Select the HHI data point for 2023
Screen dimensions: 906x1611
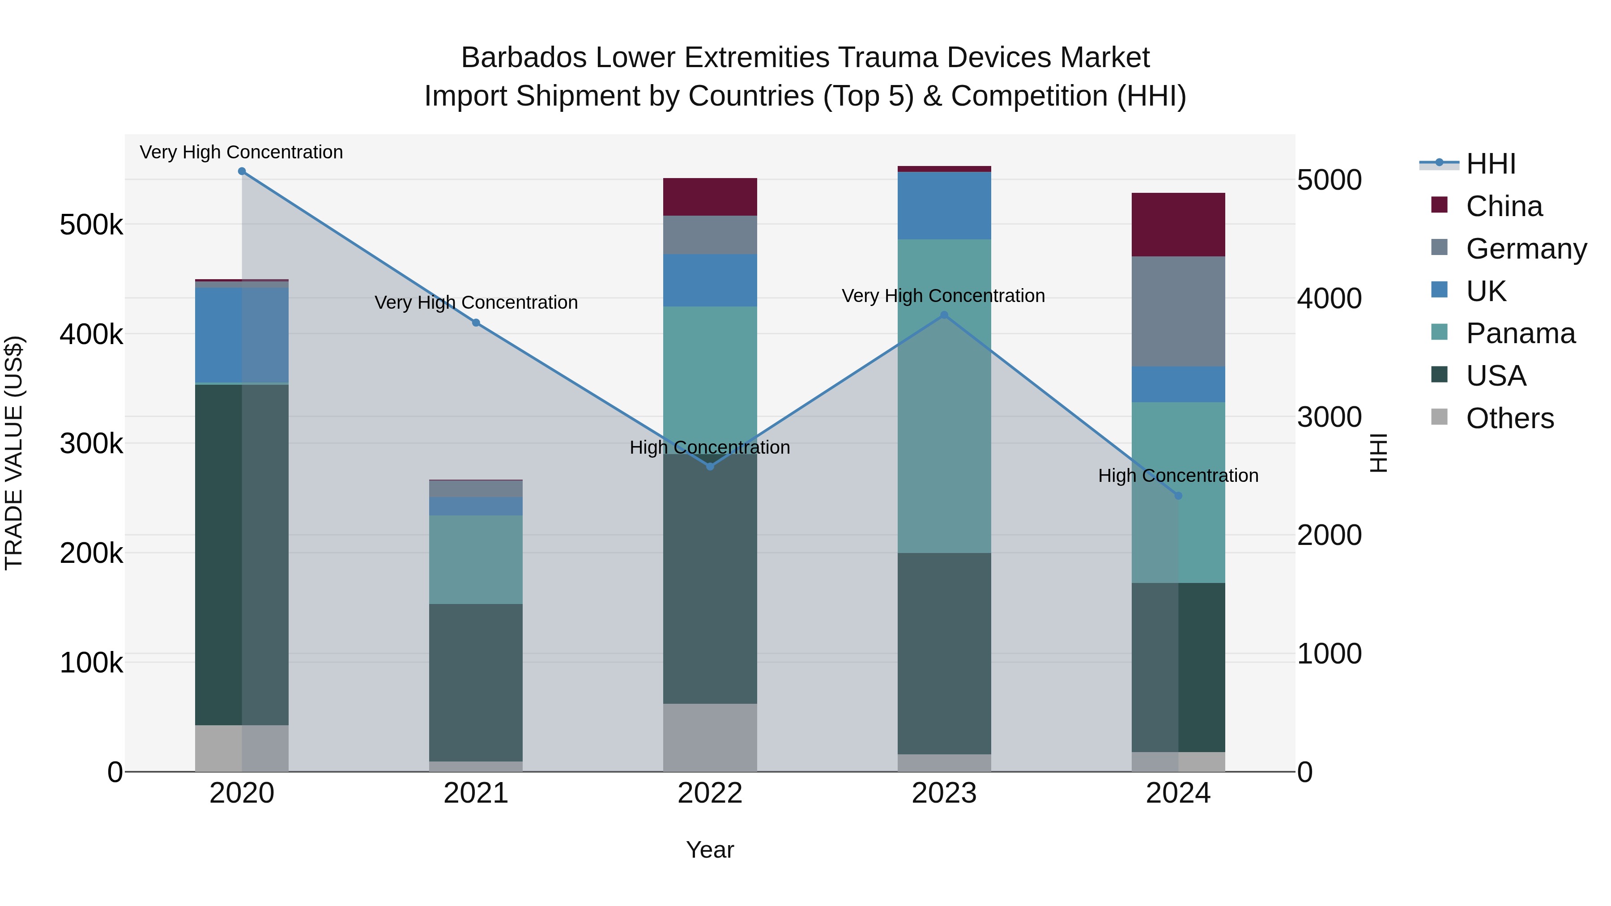(944, 315)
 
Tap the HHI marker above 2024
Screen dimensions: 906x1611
(1178, 496)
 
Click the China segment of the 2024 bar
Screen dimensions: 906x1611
(1178, 225)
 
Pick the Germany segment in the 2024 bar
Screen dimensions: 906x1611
(1178, 311)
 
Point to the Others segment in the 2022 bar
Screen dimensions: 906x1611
(710, 737)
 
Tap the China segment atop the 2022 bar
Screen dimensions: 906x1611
(710, 197)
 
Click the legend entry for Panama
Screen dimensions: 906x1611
(1520, 333)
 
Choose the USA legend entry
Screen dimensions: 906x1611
(1496, 376)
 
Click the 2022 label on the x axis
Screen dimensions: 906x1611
(710, 793)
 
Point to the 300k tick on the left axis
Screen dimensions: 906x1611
(91, 444)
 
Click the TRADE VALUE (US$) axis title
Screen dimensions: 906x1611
(14, 453)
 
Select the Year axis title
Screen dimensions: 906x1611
(710, 850)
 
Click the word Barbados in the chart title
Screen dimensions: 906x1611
(523, 58)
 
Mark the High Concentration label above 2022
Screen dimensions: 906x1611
(710, 448)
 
